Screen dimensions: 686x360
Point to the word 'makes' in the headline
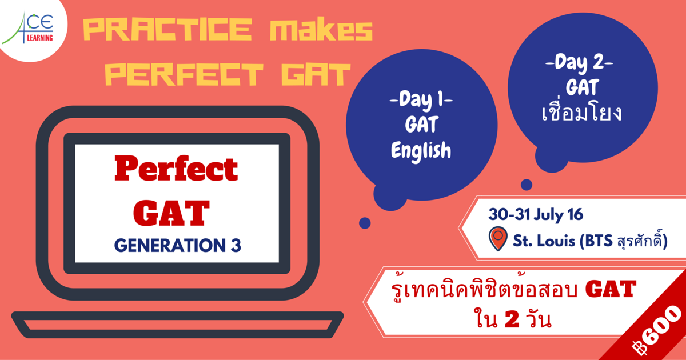click(321, 30)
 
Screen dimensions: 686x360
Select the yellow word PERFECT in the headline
click(184, 74)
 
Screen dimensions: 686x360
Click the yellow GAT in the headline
click(316, 74)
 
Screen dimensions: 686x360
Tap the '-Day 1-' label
click(421, 100)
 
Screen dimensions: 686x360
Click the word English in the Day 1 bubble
click(421, 151)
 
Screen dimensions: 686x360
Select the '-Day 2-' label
click(579, 63)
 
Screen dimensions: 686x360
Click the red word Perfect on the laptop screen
click(176, 169)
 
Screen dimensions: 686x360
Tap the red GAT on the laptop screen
click(171, 213)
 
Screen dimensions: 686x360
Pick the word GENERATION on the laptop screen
click(170, 246)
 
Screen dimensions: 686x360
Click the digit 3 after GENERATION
click(236, 246)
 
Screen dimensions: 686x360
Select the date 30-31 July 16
click(536, 215)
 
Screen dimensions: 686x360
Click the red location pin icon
click(498, 238)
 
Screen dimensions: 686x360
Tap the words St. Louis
click(544, 241)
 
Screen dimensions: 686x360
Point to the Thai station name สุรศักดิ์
click(638, 241)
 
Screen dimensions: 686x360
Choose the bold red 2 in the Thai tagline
click(512, 321)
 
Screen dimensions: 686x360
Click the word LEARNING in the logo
click(40, 38)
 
